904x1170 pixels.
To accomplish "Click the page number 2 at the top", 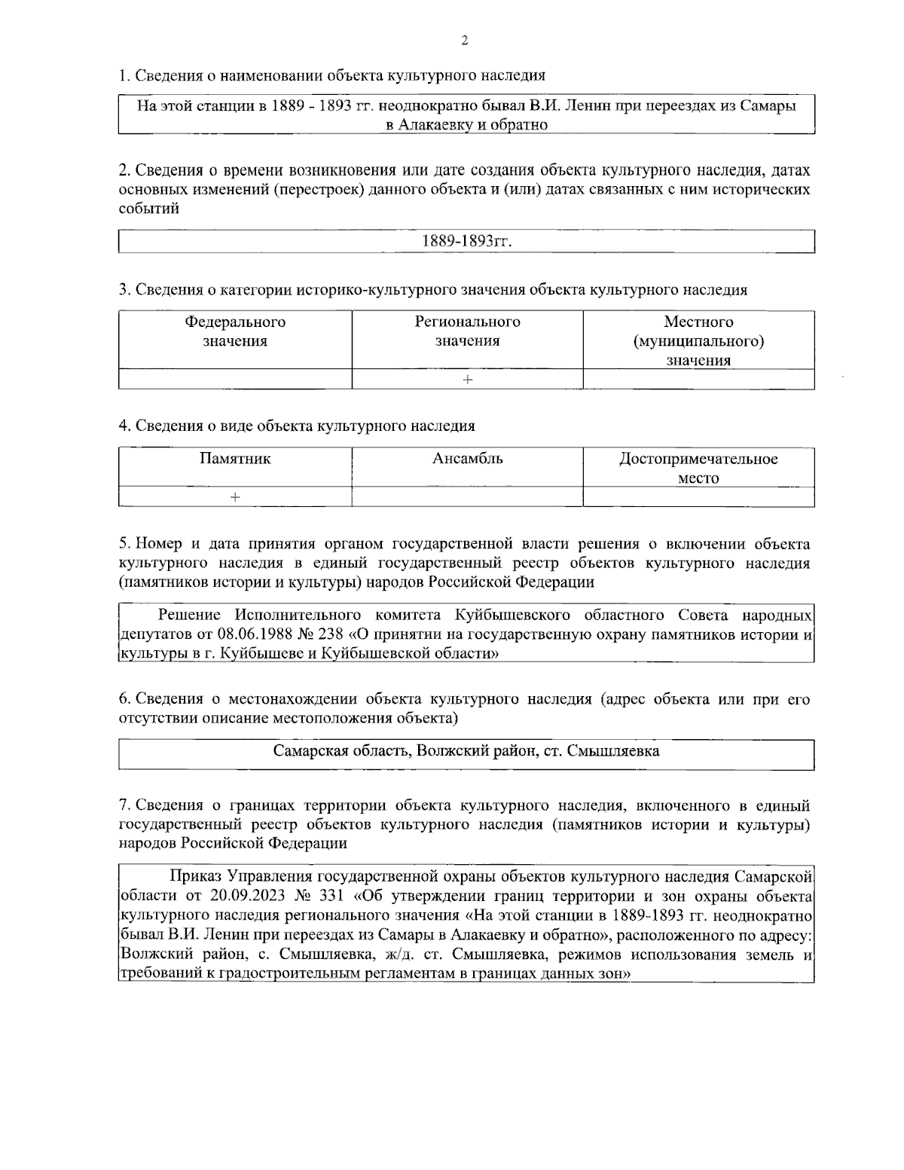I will pyautogui.click(x=464, y=41).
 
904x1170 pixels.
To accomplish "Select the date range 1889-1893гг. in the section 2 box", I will pyautogui.click(x=467, y=241).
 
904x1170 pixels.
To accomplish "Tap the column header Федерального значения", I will pyautogui.click(x=235, y=331).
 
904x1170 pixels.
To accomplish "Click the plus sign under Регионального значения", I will pyautogui.click(x=468, y=380).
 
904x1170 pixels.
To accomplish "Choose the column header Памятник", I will pyautogui.click(x=235, y=458).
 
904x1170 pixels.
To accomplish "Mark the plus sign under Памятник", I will pyautogui.click(x=236, y=497).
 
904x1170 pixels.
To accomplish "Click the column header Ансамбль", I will pyautogui.click(x=468, y=458).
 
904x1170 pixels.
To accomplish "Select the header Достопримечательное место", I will pyautogui.click(x=698, y=468).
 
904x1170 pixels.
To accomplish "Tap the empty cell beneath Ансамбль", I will pyautogui.click(x=468, y=497).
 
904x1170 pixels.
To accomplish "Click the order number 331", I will pyautogui.click(x=330, y=896).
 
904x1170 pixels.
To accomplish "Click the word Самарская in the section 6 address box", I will pyautogui.click(x=308, y=751).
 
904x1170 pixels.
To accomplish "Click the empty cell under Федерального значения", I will pyautogui.click(x=235, y=380).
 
